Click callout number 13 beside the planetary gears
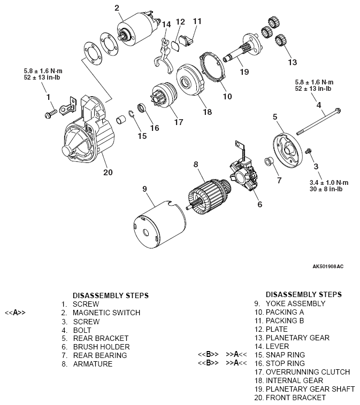(x=292, y=63)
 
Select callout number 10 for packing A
(x=227, y=97)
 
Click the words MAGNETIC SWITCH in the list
(x=106, y=313)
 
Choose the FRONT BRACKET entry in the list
(x=295, y=398)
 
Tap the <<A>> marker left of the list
(x=15, y=313)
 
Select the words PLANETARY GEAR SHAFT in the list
(x=310, y=389)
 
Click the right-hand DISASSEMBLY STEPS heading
(x=303, y=294)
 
